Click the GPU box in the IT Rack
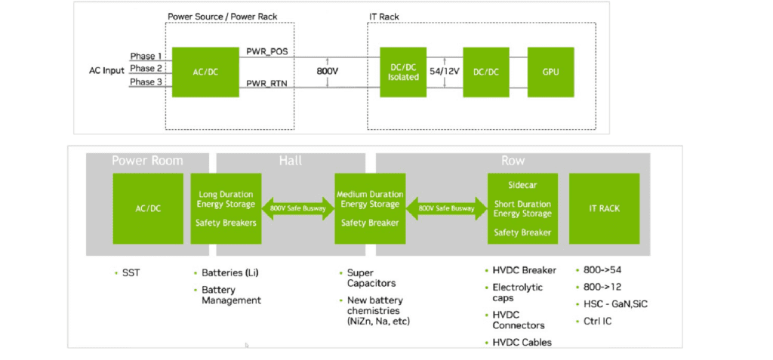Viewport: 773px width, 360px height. (550, 72)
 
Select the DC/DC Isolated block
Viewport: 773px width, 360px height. (403, 72)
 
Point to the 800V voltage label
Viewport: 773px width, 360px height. (328, 72)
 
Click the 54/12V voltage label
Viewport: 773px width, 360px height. (445, 71)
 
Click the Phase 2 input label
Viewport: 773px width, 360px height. (146, 69)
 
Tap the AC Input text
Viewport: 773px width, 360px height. (106, 71)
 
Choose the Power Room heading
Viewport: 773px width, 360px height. (147, 161)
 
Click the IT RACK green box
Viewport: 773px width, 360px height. (604, 208)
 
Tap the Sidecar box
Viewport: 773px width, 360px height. (522, 208)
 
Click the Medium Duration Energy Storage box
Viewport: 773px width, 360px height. (369, 208)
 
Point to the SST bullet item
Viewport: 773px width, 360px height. (130, 272)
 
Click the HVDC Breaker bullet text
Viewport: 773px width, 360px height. (524, 270)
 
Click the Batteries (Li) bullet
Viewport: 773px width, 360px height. (230, 272)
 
